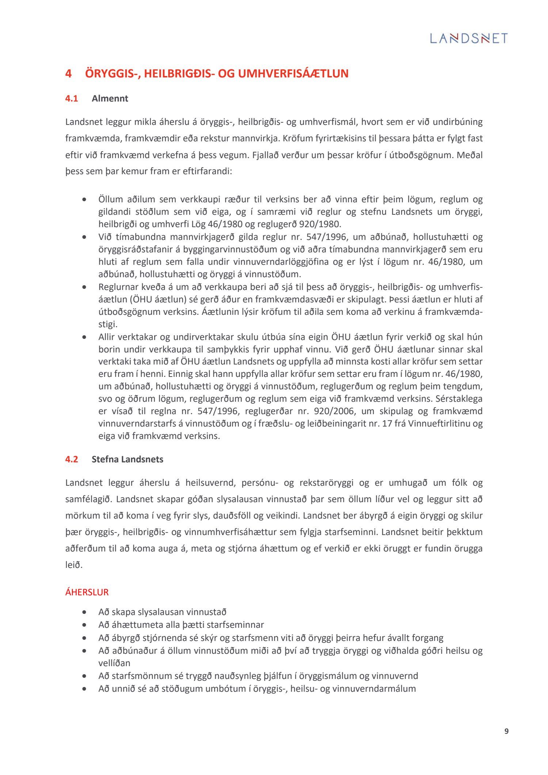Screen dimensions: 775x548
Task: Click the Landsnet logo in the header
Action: [x=469, y=38]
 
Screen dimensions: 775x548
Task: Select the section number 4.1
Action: [x=72, y=99]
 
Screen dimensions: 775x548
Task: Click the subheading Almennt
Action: [x=110, y=99]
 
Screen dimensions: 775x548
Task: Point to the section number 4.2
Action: [x=72, y=459]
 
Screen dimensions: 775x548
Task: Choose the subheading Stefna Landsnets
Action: [x=128, y=459]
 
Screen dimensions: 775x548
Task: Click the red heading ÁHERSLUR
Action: [x=87, y=592]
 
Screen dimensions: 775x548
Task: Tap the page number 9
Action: [x=506, y=731]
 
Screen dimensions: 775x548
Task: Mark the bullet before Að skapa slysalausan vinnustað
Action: [x=85, y=612]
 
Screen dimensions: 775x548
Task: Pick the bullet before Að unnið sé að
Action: [x=85, y=689]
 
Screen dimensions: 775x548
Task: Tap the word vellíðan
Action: [x=114, y=663]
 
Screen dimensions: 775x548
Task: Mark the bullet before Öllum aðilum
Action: [x=85, y=200]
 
